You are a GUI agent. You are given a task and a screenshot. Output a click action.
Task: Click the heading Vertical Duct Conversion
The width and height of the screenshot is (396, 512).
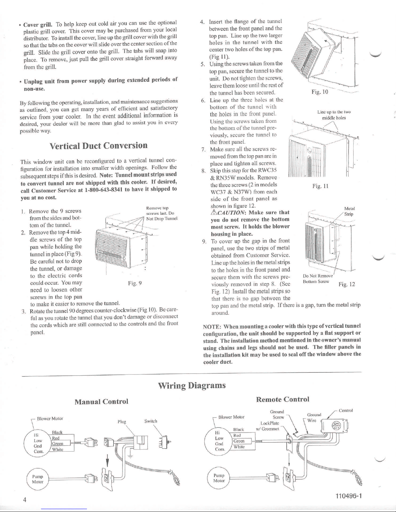coord(99,145)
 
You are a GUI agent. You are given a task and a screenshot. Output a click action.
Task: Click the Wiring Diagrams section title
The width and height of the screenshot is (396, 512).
coord(192,385)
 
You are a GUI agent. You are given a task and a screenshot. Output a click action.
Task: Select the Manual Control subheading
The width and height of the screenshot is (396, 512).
coord(102,402)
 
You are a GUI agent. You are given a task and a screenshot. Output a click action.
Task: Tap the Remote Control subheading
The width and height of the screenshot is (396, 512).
coord(283,399)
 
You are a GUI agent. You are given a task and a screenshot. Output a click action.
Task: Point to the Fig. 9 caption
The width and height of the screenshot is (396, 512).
coord(134,283)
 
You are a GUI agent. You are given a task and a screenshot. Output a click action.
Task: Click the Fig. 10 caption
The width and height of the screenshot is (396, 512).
coord(320,92)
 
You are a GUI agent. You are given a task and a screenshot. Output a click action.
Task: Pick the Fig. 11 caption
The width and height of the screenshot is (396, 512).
coord(320,186)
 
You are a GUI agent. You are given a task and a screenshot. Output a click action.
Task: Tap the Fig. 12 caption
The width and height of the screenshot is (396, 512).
coord(347,284)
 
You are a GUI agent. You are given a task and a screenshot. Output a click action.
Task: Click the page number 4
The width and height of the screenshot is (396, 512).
coord(25,499)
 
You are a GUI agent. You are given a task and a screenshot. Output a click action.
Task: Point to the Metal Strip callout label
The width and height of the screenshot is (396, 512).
coord(349,211)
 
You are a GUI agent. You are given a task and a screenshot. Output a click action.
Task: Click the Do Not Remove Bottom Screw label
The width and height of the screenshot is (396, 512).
coord(318,278)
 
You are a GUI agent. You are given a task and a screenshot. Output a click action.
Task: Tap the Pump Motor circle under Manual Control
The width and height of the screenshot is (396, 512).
coord(38,479)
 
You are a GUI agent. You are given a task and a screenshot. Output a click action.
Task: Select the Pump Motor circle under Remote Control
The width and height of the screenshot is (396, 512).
coord(219,478)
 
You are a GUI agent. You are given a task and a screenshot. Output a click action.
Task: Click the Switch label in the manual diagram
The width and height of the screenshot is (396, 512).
coord(151,421)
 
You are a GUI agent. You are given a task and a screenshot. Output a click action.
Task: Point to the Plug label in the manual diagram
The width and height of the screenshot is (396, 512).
coord(122,422)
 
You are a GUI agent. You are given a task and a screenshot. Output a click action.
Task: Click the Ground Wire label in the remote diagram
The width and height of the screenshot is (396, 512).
coord(314,418)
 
